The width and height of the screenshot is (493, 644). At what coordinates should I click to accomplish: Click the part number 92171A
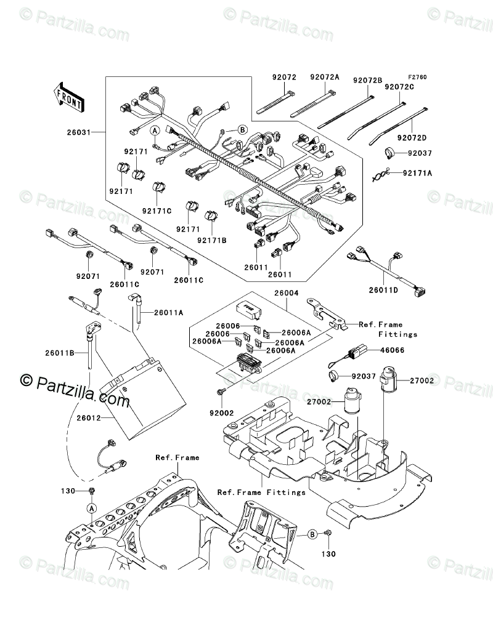click(417, 174)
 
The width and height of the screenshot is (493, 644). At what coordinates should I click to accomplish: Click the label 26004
click(284, 294)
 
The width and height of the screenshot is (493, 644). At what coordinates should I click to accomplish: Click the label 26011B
click(59, 353)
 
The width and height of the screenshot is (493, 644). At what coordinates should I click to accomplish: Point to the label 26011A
click(169, 313)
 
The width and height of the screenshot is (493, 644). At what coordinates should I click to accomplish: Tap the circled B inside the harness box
click(242, 129)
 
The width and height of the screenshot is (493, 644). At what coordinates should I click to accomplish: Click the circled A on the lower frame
click(91, 508)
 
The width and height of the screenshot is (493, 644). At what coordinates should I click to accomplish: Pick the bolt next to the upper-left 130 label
click(92, 490)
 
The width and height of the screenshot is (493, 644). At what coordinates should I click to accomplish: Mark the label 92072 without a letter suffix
click(285, 78)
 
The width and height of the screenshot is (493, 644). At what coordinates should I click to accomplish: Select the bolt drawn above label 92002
click(220, 392)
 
